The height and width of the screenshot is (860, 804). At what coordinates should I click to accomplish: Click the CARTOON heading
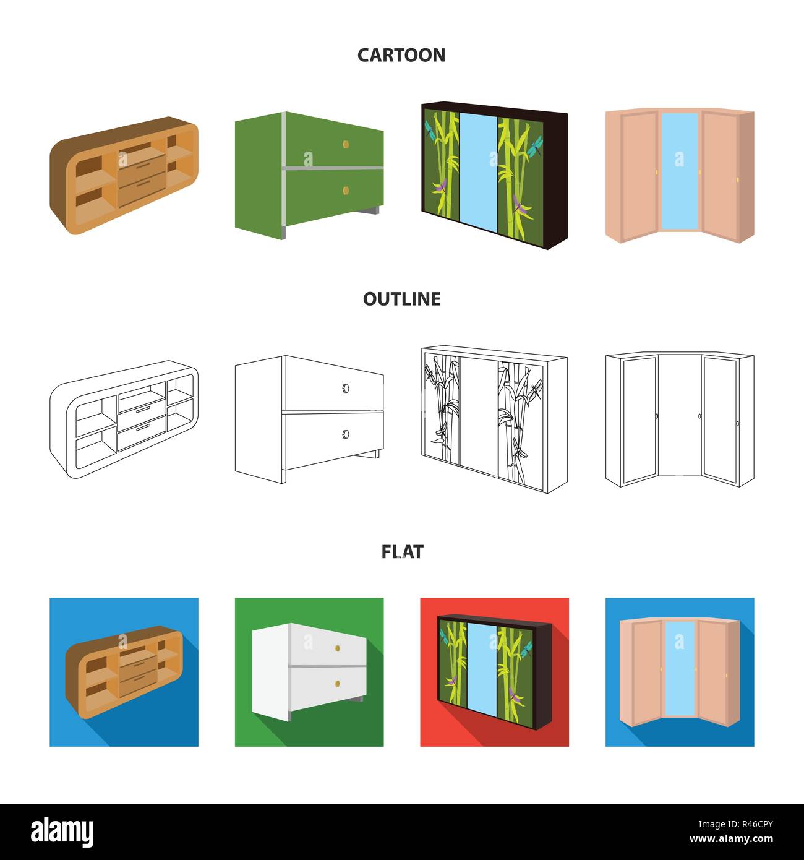point(401,56)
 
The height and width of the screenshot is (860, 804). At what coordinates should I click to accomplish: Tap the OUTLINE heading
point(402,299)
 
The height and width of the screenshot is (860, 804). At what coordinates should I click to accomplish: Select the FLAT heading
point(402,552)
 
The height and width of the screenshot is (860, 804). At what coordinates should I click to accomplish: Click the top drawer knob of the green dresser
point(346,144)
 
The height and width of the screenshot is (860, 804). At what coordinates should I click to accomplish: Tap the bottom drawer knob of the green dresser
point(346,191)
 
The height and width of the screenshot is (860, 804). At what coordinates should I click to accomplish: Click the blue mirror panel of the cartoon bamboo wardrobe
point(479,173)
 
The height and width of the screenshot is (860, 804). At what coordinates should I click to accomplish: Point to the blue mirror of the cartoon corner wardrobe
point(680,171)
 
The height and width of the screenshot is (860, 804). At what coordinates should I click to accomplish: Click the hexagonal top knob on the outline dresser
point(346,388)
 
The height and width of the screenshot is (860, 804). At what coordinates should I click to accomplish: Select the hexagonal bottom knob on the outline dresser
point(346,434)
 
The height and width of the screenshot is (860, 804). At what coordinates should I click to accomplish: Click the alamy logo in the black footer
point(62,832)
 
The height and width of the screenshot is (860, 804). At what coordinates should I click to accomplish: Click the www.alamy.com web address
point(731,839)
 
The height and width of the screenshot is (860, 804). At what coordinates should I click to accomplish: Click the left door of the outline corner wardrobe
point(639,419)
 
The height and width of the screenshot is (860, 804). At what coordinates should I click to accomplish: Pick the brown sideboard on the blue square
point(124,672)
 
